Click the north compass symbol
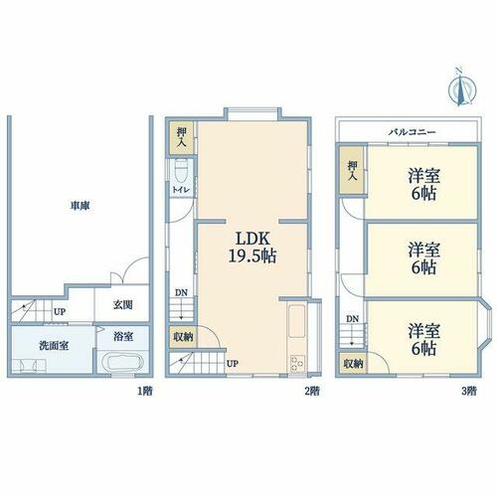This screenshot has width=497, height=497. (462, 87)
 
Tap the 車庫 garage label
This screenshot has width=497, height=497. (80, 206)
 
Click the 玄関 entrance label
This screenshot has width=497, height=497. (123, 305)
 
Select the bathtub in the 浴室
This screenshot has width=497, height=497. (122, 364)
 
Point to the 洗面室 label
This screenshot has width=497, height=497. (54, 346)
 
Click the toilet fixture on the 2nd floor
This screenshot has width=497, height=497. (181, 171)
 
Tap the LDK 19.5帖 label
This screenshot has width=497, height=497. (252, 248)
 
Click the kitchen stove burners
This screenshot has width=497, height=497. (297, 364)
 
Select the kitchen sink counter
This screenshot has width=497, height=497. (297, 320)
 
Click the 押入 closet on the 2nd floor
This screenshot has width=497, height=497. (182, 137)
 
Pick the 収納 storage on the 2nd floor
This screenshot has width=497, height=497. (183, 337)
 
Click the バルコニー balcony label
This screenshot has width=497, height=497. (413, 132)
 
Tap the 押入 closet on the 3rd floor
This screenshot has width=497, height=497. (352, 170)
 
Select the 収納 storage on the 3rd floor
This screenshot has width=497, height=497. (353, 364)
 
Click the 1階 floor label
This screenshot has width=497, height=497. (145, 392)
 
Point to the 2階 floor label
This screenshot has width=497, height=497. (312, 392)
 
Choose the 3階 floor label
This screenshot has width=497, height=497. (469, 392)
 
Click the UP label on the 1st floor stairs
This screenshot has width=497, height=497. (60, 312)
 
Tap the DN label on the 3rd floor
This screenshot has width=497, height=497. (353, 319)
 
